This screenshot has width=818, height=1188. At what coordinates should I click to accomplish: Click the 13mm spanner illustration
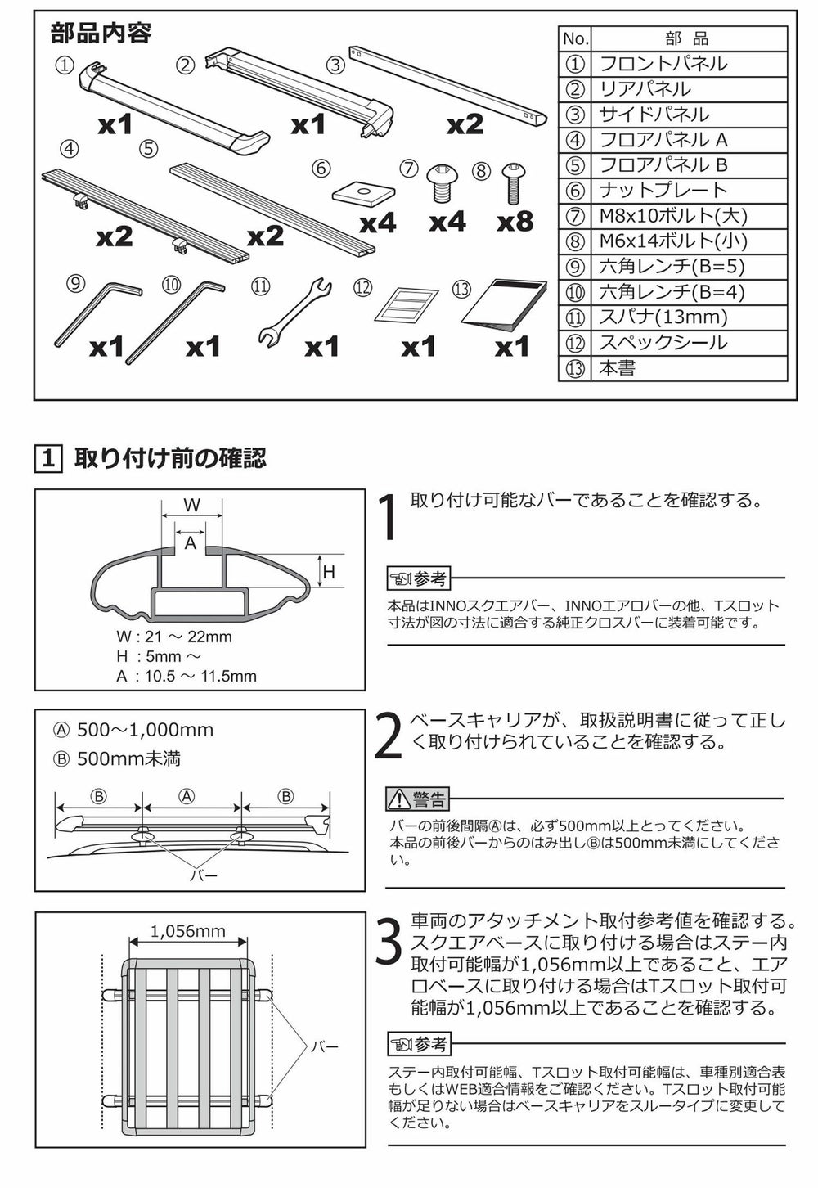tap(294, 313)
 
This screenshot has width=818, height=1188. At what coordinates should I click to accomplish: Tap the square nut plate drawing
tap(364, 193)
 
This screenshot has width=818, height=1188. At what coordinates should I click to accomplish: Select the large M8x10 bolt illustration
tap(440, 182)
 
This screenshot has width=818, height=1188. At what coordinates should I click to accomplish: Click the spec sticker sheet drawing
tap(407, 305)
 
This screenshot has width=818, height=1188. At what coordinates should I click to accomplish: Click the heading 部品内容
tap(101, 33)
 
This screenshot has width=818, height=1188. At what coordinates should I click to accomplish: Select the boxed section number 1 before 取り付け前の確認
tap(49, 457)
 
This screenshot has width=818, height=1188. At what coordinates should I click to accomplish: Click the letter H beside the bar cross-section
tap(329, 571)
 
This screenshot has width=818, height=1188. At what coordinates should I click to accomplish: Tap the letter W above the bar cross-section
tap(191, 504)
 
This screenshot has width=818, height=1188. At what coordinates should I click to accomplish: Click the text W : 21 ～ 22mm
tap(174, 637)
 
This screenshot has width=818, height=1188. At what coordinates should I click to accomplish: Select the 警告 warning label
tap(418, 799)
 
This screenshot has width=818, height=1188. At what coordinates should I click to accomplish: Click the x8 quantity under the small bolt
tap(515, 223)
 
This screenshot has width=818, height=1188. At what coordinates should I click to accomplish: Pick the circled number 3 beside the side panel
tap(335, 65)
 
